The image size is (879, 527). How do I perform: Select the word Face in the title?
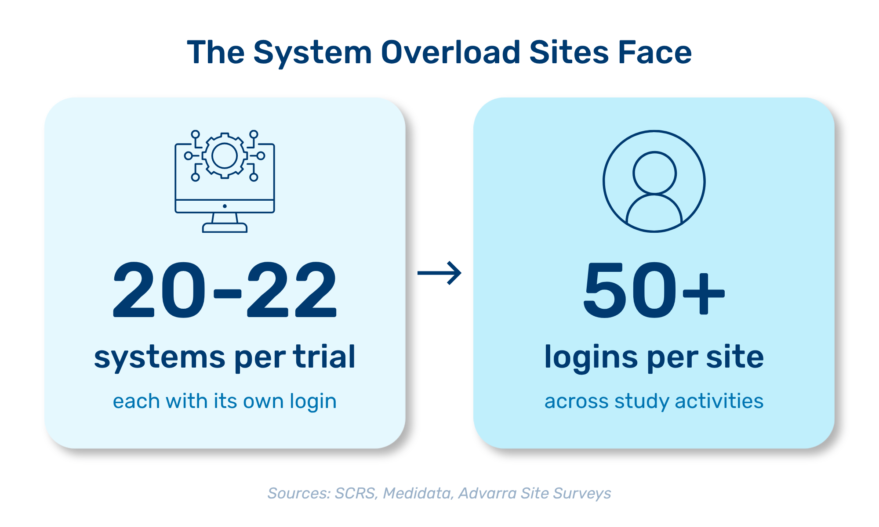(x=655, y=52)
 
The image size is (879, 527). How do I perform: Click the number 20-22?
(x=225, y=289)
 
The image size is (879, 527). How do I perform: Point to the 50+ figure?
(x=654, y=289)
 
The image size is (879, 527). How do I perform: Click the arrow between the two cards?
(x=439, y=273)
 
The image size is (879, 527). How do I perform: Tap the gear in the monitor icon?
(x=225, y=156)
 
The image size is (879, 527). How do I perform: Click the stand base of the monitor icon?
(x=225, y=228)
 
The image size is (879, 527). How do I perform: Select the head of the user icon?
(x=654, y=173)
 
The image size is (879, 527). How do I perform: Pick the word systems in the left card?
(x=160, y=358)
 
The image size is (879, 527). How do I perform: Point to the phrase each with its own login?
(x=225, y=401)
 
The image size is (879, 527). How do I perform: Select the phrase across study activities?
(x=654, y=401)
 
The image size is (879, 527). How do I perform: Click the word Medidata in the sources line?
(x=418, y=493)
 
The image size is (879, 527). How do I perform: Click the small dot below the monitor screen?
(x=225, y=206)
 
